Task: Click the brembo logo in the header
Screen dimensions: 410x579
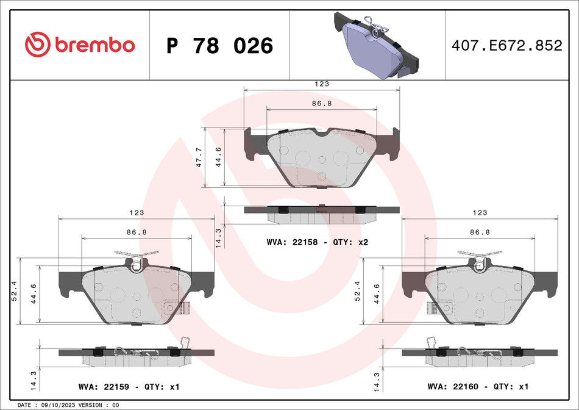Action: (79, 45)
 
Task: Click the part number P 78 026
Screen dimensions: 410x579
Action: (220, 46)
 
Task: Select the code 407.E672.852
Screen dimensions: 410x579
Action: (506, 45)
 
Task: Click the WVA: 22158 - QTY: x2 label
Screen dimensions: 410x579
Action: (318, 242)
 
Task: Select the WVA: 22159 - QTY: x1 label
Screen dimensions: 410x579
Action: (129, 387)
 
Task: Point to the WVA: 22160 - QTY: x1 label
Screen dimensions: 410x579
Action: (477, 387)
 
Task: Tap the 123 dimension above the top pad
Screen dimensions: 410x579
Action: (322, 84)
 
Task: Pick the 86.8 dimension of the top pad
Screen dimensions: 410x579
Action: (322, 104)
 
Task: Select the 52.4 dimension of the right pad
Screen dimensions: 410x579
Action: (358, 290)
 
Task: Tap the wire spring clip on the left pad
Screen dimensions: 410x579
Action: (136, 255)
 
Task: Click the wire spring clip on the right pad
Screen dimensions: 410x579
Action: (479, 255)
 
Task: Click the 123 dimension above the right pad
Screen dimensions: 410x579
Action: (480, 213)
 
